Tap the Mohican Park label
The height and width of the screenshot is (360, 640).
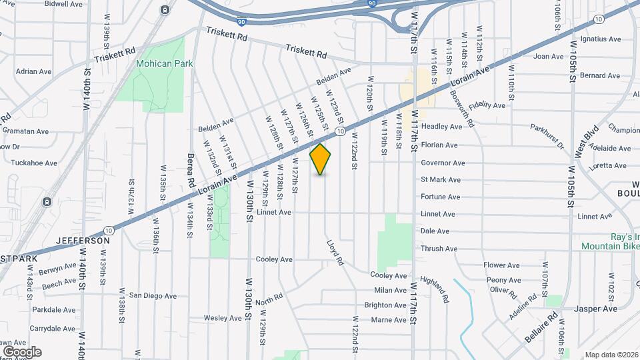pyautogui.click(x=164, y=64)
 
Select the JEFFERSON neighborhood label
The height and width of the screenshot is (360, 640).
pyautogui.click(x=83, y=240)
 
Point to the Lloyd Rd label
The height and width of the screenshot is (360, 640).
pyautogui.click(x=335, y=253)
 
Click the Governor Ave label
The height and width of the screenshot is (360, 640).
pyautogui.click(x=443, y=163)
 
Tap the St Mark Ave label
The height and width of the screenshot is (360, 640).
pyautogui.click(x=440, y=180)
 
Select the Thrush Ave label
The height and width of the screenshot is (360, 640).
pyautogui.click(x=439, y=249)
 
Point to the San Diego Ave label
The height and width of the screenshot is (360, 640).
pyautogui.click(x=153, y=295)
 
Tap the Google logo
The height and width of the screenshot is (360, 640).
pyautogui.click(x=22, y=352)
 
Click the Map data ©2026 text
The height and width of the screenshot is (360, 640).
pyautogui.click(x=611, y=355)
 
